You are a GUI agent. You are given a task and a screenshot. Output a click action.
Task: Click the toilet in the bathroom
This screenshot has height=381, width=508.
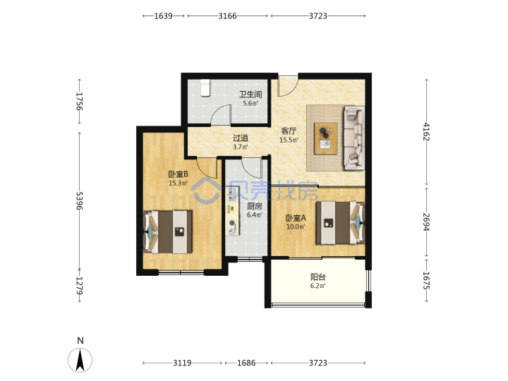tap(205, 87)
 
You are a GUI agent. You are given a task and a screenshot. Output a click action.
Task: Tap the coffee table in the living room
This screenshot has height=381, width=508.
tap(325, 139)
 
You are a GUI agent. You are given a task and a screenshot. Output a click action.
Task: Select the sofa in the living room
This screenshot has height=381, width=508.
tap(353, 138)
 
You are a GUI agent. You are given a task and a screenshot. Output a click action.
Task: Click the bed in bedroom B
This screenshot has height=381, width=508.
tap(168, 232)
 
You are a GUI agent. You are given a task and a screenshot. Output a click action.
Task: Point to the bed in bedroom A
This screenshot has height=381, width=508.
tap(341, 223)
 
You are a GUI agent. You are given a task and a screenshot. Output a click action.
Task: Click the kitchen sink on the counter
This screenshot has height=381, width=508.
tap(231, 194)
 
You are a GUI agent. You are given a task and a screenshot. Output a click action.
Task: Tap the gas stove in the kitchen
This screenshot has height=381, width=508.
tap(232, 226)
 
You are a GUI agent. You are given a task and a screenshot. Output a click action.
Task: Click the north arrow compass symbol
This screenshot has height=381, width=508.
tap(80, 360)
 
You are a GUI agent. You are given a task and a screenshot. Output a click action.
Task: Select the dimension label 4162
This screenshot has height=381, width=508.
tap(426, 131)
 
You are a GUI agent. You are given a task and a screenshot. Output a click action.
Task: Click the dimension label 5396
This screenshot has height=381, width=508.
tap(80, 200)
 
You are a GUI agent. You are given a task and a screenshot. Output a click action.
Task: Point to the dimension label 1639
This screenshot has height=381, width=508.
tap(163, 16)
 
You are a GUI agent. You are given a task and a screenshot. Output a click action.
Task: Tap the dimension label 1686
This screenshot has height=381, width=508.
tap(246, 363)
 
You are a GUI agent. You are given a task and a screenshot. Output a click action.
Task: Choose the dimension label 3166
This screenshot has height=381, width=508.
tap(227, 16)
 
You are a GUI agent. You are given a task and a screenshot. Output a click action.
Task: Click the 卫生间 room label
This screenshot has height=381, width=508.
tap(250, 95)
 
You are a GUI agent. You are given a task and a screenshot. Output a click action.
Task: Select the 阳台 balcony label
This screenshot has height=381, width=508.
tap(317, 277)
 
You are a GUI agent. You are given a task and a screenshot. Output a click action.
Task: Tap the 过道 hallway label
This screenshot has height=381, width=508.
tap(241, 138)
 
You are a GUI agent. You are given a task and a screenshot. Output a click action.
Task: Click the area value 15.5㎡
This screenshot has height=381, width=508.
tap(289, 140)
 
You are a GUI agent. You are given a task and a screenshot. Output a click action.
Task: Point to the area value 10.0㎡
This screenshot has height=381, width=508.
tap(296, 226)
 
